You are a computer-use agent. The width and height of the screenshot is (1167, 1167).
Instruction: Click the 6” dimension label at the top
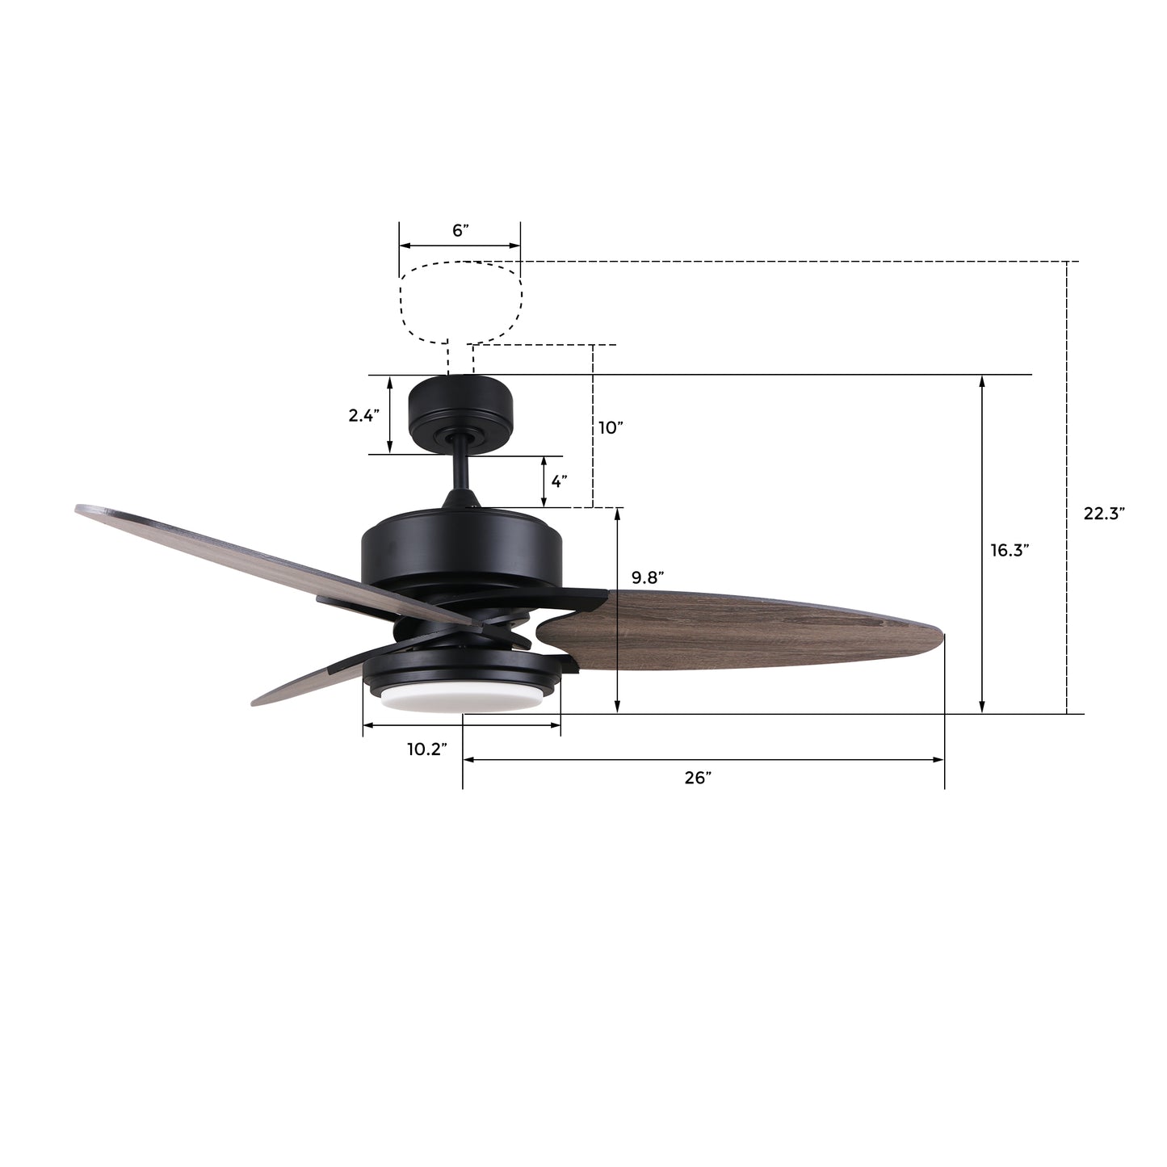pyautogui.click(x=460, y=230)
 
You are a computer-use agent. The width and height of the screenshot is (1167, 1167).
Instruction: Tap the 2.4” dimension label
pyautogui.click(x=363, y=415)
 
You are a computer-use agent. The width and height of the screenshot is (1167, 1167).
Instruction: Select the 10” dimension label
pyautogui.click(x=611, y=427)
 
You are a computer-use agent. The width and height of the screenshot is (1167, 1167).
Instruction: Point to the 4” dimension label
pyautogui.click(x=559, y=481)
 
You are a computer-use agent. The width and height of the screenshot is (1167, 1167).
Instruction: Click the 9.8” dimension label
pyautogui.click(x=648, y=577)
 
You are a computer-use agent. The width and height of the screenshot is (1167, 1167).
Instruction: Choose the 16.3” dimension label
pyautogui.click(x=1010, y=550)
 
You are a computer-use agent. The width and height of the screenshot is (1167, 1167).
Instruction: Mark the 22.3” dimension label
pyautogui.click(x=1104, y=513)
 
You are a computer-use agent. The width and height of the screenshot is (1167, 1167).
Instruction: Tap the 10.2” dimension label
pyautogui.click(x=427, y=749)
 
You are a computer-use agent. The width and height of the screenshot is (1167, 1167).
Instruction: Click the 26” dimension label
pyautogui.click(x=698, y=778)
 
